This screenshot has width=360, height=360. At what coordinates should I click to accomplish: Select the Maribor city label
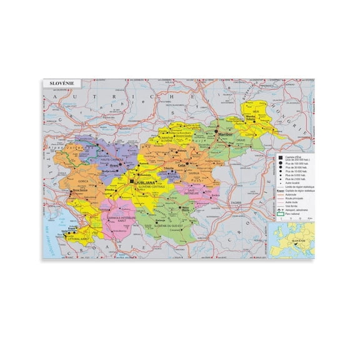[x=224, y=133]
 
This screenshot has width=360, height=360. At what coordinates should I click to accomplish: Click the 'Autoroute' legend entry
[x=287, y=194]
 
